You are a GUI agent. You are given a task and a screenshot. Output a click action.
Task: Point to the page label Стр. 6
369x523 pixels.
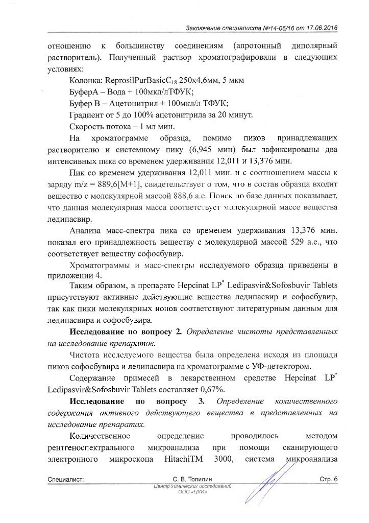(328, 479)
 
